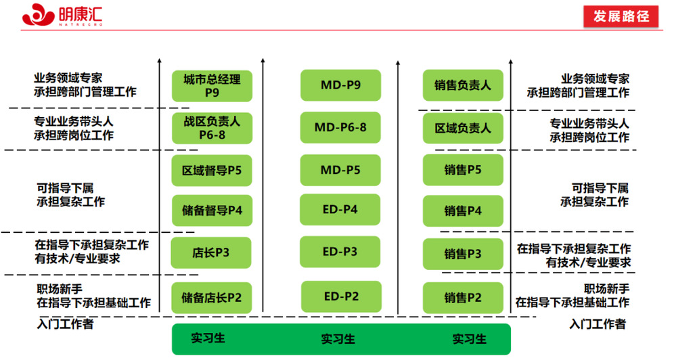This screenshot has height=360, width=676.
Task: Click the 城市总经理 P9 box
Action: [x=212, y=85]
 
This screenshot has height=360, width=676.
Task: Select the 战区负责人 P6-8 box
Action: [x=212, y=128]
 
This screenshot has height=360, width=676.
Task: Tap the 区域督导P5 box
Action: [x=212, y=170]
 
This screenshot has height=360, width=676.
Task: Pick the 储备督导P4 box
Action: [x=212, y=210]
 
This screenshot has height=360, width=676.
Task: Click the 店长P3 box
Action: [x=211, y=253]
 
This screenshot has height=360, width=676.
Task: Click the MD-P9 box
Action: [x=340, y=85]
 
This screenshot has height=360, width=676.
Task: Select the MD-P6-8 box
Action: [x=340, y=127]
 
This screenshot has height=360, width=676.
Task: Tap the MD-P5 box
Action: [x=340, y=169]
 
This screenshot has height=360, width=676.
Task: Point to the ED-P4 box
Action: [x=340, y=209]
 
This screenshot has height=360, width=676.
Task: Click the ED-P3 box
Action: [x=340, y=252]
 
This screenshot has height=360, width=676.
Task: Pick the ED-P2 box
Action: [x=340, y=296]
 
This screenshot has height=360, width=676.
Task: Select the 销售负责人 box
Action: [x=463, y=85]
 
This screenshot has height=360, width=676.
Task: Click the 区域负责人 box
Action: [x=463, y=128]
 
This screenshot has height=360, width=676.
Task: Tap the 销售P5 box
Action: [x=463, y=170]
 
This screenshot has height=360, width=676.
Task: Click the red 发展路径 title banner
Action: [x=621, y=16]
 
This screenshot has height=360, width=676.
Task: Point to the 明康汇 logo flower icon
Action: [x=38, y=14]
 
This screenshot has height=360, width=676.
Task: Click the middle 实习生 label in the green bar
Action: [x=338, y=339]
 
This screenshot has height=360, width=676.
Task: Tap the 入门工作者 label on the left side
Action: [x=65, y=323]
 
